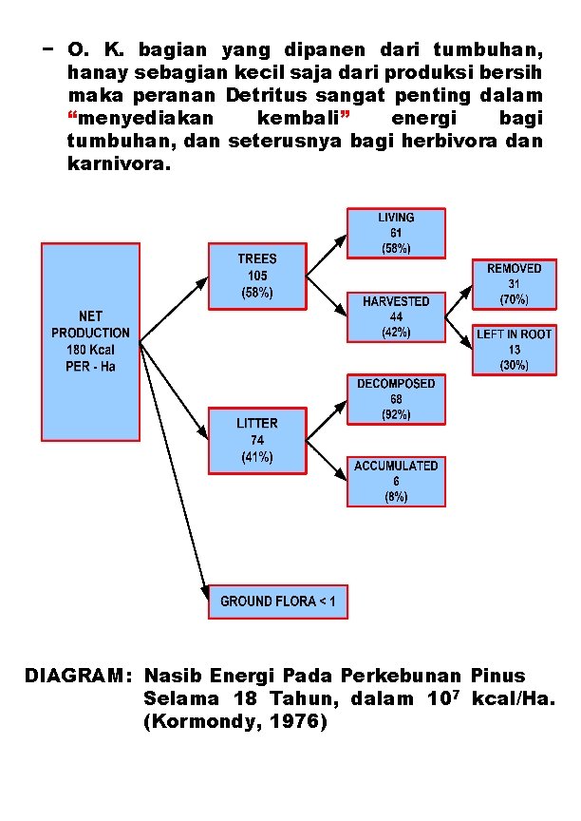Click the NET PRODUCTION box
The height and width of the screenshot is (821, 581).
[x=91, y=341]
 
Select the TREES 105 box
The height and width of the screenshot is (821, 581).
[x=257, y=276]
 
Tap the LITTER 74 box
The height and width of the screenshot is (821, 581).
[x=257, y=440]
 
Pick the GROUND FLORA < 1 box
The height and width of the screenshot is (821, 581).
[x=278, y=601]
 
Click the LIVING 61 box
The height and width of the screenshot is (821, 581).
[x=396, y=233]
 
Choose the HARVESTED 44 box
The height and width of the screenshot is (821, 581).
[x=396, y=316]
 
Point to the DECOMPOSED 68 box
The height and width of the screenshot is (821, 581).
[x=396, y=399]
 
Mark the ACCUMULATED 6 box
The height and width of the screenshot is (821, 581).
[x=396, y=482]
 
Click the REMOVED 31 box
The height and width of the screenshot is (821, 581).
[x=514, y=283]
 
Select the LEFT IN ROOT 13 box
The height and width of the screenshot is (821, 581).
[x=514, y=350]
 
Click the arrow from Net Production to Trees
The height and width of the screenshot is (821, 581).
[x=175, y=308]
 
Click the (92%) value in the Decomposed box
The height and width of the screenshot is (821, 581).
[x=396, y=415]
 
